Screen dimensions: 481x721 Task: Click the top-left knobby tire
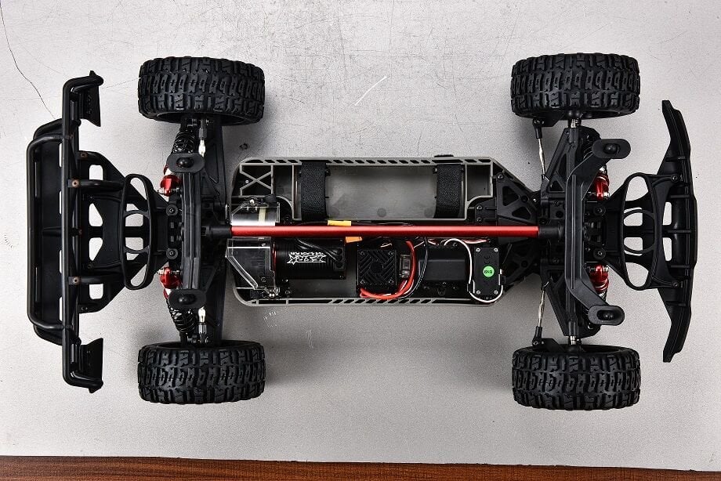[x=201, y=89]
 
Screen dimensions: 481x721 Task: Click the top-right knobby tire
[x=575, y=85]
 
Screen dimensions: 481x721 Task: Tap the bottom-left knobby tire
[x=201, y=371]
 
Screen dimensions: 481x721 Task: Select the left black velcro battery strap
[x=313, y=191]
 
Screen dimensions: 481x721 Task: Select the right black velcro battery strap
[x=449, y=191]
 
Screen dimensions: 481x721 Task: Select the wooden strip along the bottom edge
[x=360, y=469]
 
